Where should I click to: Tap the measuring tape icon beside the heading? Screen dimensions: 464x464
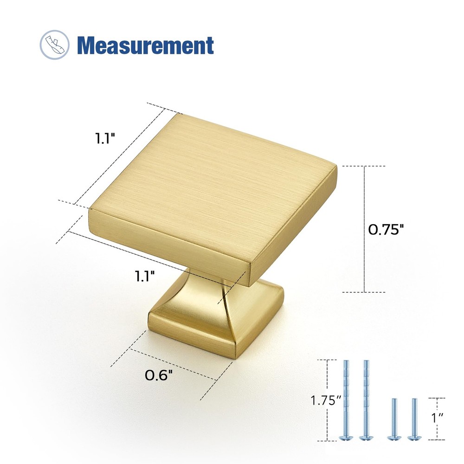(54, 45)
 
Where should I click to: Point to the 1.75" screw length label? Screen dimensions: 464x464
(326, 400)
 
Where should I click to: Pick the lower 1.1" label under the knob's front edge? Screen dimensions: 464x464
(145, 276)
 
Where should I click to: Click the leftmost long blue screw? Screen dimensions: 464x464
(346, 399)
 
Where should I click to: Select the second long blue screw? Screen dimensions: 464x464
(366, 399)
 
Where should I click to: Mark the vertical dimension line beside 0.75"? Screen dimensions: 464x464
(364, 229)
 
